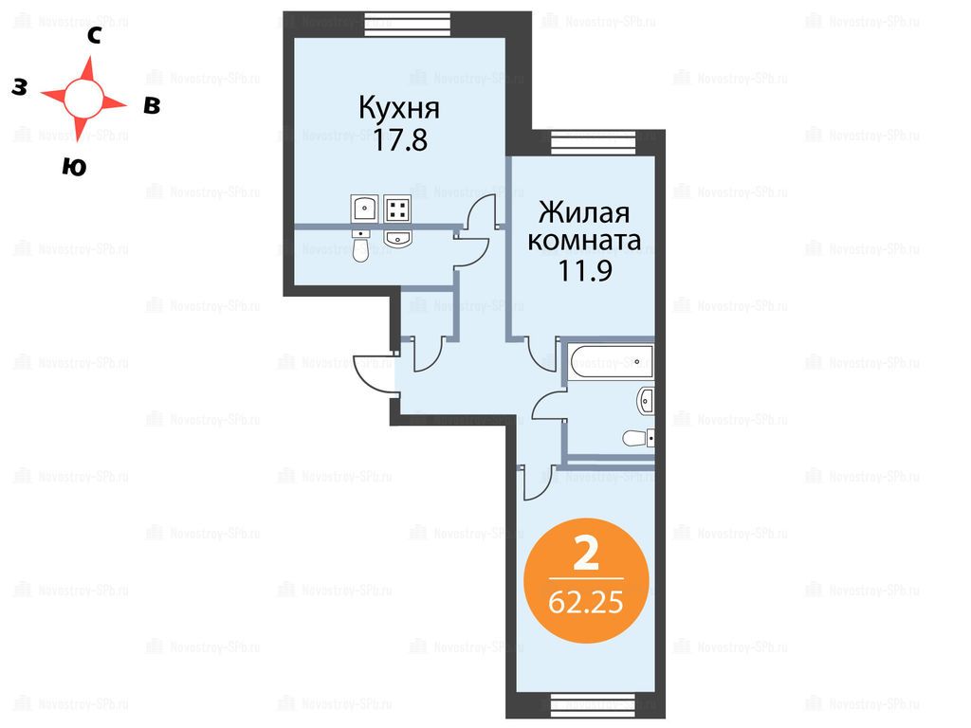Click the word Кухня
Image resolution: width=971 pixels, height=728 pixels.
coord(399,108)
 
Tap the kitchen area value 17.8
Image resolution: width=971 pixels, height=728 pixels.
coord(400,140)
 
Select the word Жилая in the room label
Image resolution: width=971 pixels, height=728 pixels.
coord(584,212)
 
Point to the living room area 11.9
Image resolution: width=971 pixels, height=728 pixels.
coord(585,270)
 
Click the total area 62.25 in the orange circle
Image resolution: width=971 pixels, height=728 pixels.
coord(586,602)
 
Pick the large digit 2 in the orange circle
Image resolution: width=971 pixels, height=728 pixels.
coord(586,554)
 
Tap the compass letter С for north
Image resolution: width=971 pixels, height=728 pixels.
coord(94,36)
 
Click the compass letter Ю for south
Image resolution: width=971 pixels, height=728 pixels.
coord(74,167)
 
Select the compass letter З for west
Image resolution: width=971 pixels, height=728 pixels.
coord(20,87)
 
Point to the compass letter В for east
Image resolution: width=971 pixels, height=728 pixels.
coord(152,106)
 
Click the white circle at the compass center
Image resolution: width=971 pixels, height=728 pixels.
coord(83,98)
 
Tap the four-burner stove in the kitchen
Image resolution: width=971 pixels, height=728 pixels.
coord(397,209)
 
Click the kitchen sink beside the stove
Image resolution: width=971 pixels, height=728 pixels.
coord(365,209)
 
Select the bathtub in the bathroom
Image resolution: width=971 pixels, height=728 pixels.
coord(612,362)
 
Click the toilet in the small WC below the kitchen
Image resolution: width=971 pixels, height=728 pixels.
coord(361,246)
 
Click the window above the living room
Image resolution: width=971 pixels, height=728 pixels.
coord(594,143)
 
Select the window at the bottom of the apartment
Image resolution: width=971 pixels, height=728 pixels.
coord(594,705)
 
